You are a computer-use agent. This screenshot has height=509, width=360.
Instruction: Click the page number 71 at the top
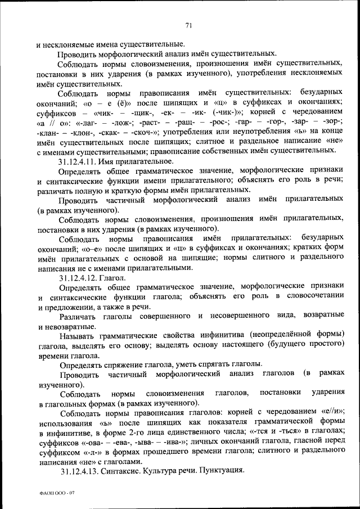click(x=188, y=23)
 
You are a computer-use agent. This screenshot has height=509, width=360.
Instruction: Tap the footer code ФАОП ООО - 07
click(x=55, y=493)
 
